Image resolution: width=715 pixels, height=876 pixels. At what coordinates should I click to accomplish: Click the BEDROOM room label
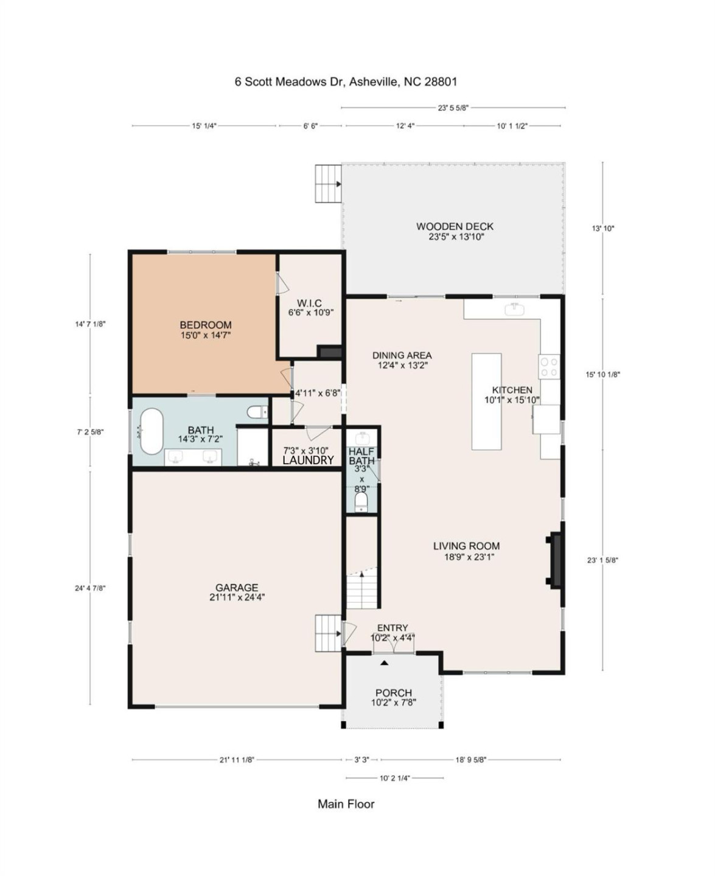pyautogui.click(x=205, y=325)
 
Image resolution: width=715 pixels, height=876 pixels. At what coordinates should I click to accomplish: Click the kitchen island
pyautogui.click(x=486, y=401)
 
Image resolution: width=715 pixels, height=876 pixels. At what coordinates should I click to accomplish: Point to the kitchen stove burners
pyautogui.click(x=549, y=366)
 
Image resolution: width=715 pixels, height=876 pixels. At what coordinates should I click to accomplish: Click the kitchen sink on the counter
pyautogui.click(x=515, y=309)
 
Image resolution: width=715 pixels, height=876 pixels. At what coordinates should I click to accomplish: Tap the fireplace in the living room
pyautogui.click(x=554, y=560)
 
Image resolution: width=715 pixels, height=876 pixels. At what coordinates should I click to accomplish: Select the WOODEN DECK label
pyautogui.click(x=455, y=226)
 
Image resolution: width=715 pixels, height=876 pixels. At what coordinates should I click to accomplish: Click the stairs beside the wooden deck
pyautogui.click(x=328, y=183)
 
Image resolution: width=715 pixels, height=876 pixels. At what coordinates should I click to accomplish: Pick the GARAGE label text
pyautogui.click(x=237, y=588)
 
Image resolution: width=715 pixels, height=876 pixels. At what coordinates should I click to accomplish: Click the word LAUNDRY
pyautogui.click(x=308, y=461)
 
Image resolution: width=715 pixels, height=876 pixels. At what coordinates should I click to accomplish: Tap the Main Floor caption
pyautogui.click(x=346, y=804)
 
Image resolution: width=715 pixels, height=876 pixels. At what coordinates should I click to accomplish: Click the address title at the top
pyautogui.click(x=346, y=82)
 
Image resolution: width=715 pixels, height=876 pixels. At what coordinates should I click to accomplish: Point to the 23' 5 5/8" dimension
pyautogui.click(x=453, y=108)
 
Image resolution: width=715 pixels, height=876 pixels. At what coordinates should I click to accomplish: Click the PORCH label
pyautogui.click(x=393, y=692)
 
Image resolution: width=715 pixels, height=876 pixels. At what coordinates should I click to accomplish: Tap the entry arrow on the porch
pyautogui.click(x=384, y=662)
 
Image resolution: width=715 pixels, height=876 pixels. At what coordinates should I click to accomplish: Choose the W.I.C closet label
pyautogui.click(x=309, y=303)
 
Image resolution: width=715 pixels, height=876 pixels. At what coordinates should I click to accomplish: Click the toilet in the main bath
pyautogui.click(x=257, y=412)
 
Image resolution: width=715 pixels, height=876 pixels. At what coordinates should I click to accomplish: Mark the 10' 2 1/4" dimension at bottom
pyautogui.click(x=394, y=777)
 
